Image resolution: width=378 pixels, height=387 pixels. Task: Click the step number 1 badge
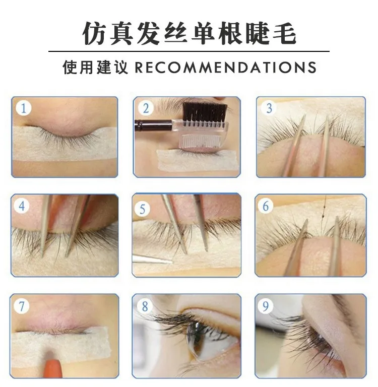[24, 108]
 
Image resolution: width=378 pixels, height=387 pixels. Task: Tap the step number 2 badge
[146, 108]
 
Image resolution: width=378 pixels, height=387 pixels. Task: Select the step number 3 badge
[269, 108]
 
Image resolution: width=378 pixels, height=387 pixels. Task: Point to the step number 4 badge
[22, 206]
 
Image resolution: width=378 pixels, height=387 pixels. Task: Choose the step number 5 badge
[143, 209]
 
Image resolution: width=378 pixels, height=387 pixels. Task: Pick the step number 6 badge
[266, 206]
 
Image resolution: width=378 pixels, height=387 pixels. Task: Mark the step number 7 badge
[22, 306]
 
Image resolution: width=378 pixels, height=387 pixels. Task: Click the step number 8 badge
[145, 306]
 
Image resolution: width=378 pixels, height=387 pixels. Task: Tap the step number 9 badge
[266, 306]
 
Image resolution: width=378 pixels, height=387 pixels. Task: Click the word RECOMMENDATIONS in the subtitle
[225, 68]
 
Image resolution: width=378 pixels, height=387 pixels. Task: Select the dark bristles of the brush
[205, 112]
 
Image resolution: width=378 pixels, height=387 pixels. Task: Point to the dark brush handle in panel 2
[153, 125]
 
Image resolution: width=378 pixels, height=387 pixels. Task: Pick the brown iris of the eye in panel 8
[195, 338]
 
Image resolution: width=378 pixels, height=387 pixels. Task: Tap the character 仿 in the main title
[94, 34]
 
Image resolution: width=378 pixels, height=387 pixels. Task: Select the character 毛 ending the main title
[284, 34]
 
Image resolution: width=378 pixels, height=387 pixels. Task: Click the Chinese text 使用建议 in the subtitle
[95, 67]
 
